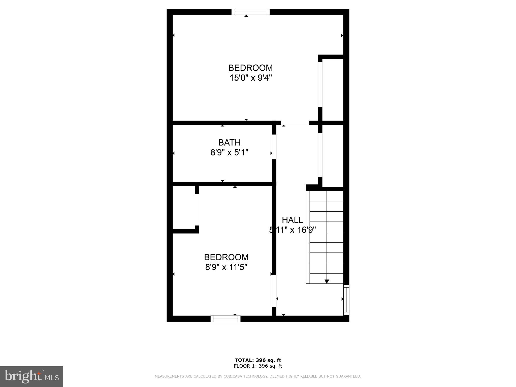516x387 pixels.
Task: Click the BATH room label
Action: (x=229, y=143)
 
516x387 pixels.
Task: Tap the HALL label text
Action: (x=292, y=220)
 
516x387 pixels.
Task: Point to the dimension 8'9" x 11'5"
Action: (x=226, y=267)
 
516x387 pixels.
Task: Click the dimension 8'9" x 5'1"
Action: (x=229, y=152)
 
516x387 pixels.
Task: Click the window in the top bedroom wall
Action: (x=250, y=12)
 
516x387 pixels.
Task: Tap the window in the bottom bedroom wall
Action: (x=225, y=319)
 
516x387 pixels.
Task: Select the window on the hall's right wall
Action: (x=346, y=300)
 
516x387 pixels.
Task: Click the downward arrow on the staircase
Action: (x=327, y=281)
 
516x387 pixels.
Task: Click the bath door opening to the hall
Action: (x=274, y=147)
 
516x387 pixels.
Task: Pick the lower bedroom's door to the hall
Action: (x=274, y=291)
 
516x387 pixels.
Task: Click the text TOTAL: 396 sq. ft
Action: (x=258, y=360)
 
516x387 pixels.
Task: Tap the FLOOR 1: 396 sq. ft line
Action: (x=258, y=366)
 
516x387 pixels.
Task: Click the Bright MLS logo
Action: (x=31, y=377)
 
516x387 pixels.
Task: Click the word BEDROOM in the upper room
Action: (x=250, y=68)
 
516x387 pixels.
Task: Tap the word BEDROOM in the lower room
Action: (x=226, y=257)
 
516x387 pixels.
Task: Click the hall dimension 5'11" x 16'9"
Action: (x=292, y=230)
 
